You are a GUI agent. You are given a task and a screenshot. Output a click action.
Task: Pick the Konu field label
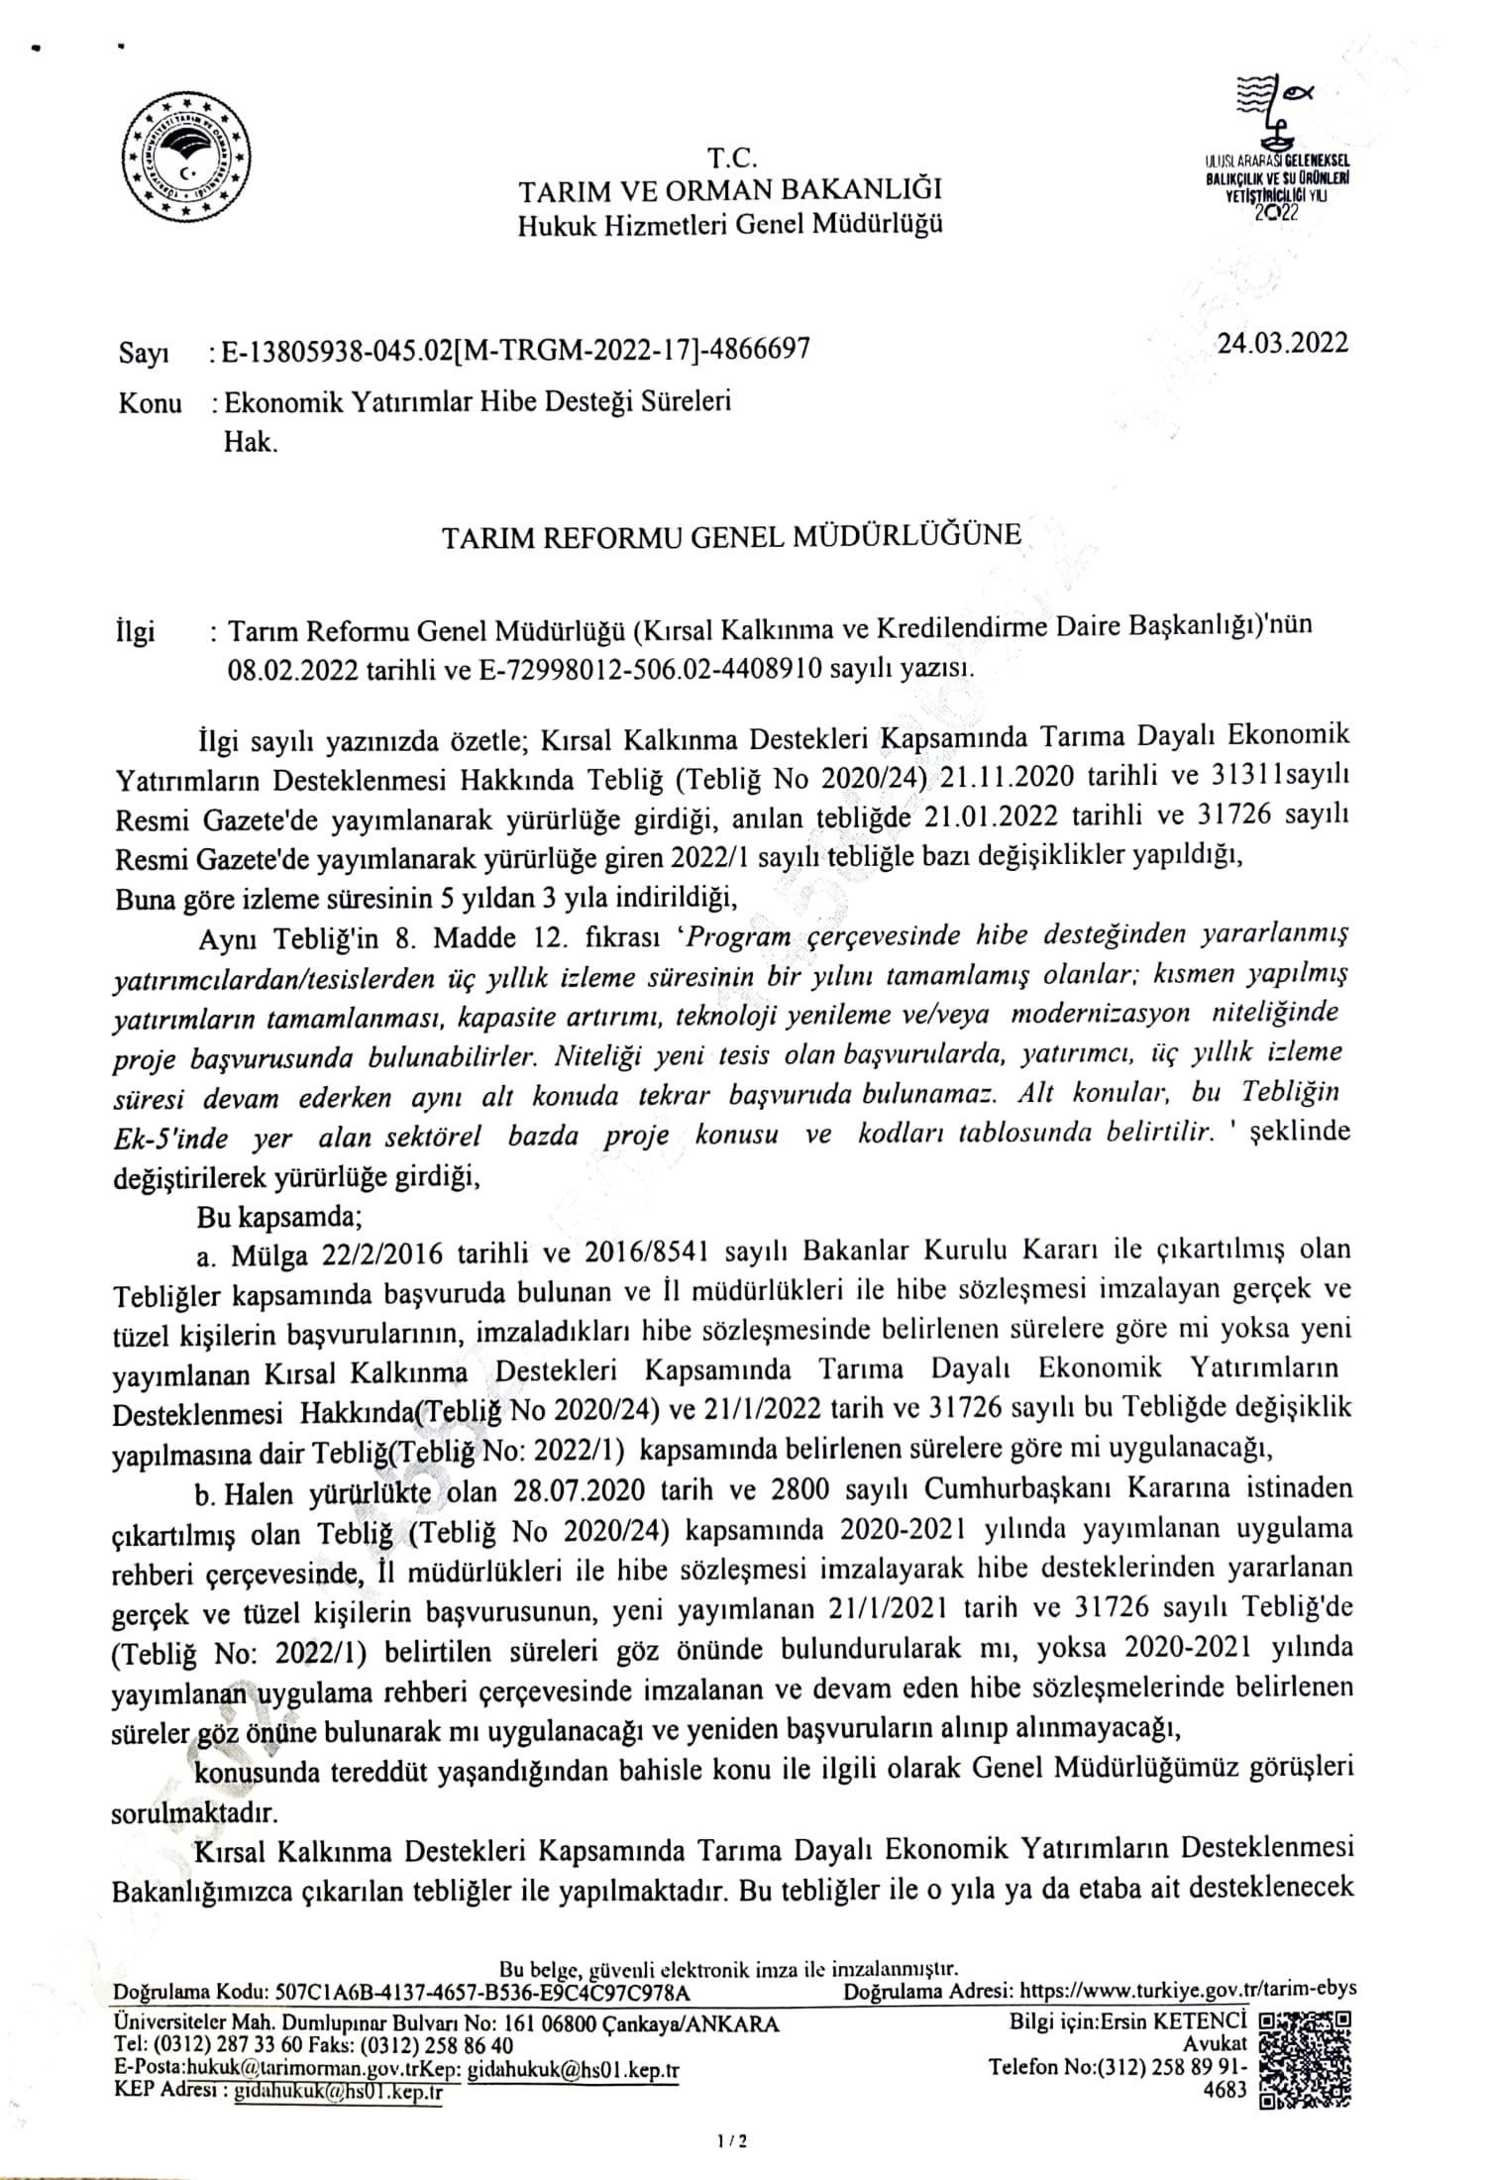[150, 403]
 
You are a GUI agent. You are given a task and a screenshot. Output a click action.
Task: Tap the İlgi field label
[136, 631]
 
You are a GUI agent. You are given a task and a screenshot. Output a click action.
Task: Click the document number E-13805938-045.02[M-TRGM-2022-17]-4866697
[516, 350]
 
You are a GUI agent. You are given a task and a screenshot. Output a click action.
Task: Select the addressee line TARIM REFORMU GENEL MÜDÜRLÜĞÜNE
[731, 536]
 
